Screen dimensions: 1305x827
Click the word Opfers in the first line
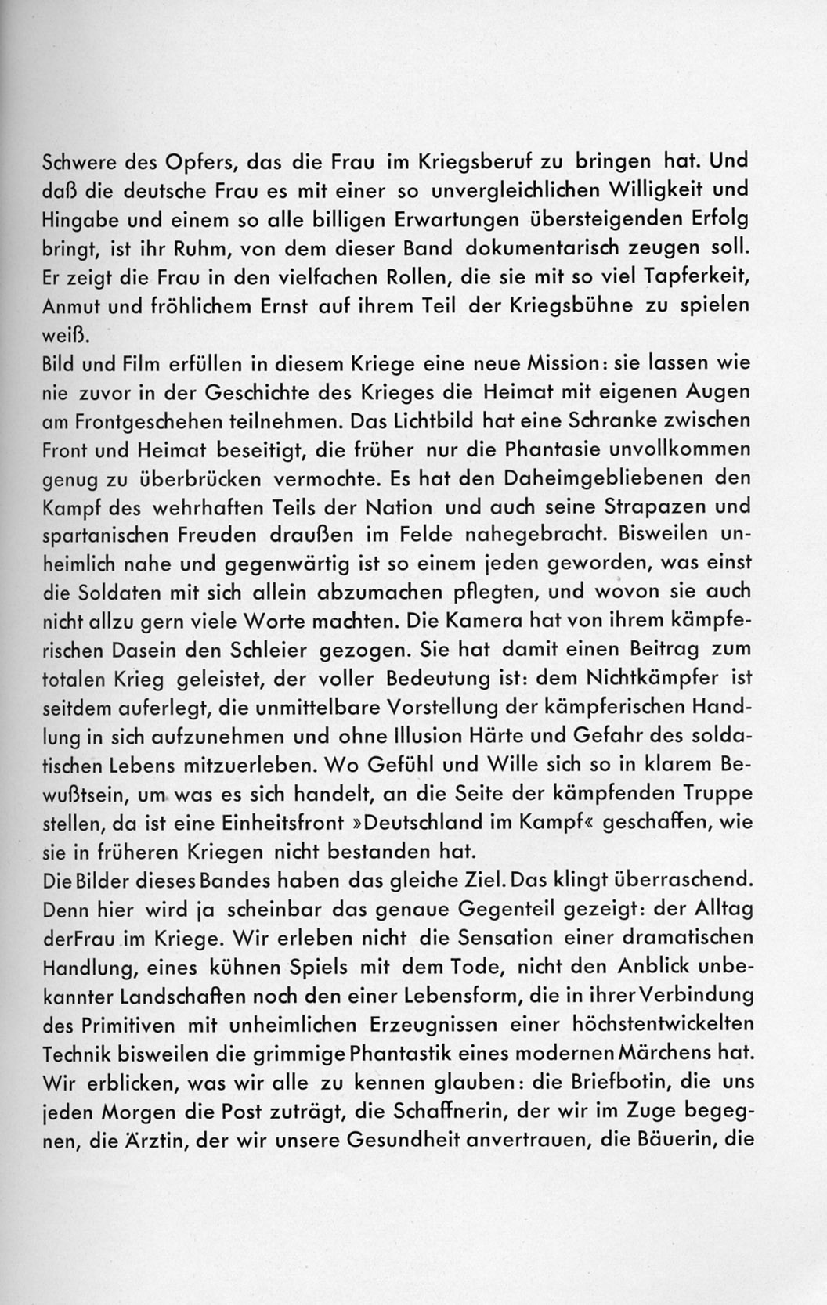click(x=194, y=161)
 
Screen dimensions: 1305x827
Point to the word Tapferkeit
click(x=699, y=277)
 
